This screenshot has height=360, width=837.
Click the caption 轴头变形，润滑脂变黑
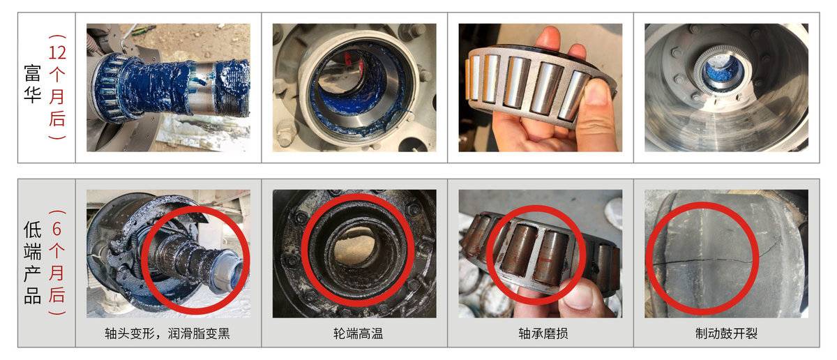pyautogui.click(x=167, y=333)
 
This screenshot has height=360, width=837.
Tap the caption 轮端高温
pyautogui.click(x=358, y=333)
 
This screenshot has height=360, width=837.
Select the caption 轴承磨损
pyautogui.click(x=543, y=333)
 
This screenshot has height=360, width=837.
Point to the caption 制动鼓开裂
pyautogui.click(x=726, y=333)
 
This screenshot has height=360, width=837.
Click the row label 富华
pyautogui.click(x=33, y=84)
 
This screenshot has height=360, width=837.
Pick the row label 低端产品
pyautogui.click(x=33, y=262)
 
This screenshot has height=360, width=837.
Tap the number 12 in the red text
pyautogui.click(x=57, y=52)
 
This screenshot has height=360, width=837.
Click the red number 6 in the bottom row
pyautogui.click(x=56, y=228)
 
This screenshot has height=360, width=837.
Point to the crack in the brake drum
pyautogui.click(x=710, y=259)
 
